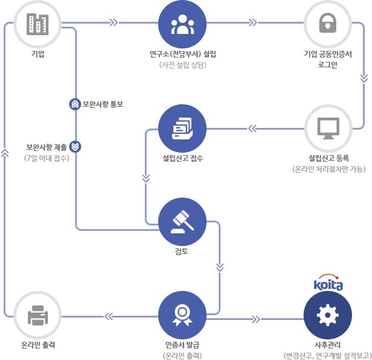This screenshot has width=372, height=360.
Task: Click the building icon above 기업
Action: [38, 25]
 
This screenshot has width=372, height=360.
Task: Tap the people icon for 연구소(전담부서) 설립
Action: [183, 25]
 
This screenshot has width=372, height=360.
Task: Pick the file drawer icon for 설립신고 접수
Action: [183, 128]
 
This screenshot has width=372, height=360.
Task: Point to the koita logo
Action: [328, 284]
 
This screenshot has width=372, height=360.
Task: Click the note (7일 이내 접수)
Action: [47, 158]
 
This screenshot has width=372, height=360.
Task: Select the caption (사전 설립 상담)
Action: [183, 65]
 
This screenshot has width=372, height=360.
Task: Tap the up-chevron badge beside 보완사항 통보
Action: [75, 104]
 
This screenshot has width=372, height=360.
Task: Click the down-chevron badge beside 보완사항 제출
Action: [75, 146]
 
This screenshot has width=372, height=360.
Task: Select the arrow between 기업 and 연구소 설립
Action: [113, 25]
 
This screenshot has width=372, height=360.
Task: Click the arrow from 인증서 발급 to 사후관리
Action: [256, 319]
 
